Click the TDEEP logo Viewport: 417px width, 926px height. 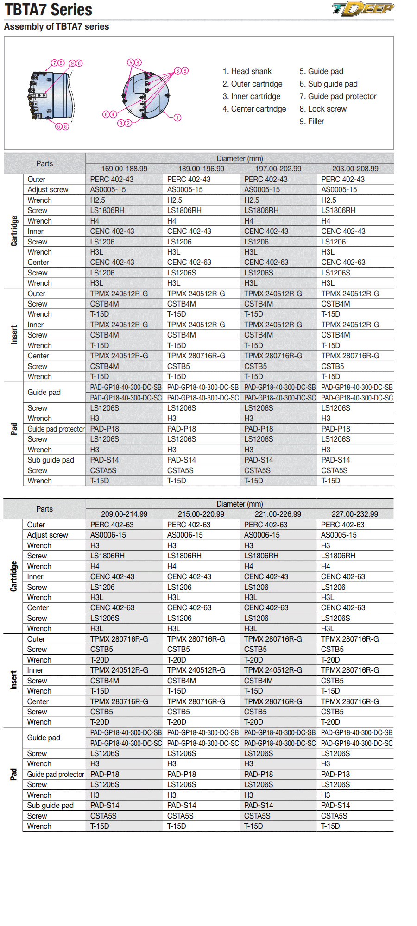363,9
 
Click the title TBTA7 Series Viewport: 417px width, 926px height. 49,9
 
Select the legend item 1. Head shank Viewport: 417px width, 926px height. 247,71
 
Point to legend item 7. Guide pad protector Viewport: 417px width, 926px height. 338,96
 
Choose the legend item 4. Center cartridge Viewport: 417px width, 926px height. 254,109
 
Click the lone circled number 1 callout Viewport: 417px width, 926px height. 177,118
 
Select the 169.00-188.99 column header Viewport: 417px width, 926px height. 124,169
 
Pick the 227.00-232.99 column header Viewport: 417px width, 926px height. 355,514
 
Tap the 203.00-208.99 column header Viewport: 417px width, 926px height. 355,169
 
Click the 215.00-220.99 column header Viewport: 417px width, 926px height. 201,514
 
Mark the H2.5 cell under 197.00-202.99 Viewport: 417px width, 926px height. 252,200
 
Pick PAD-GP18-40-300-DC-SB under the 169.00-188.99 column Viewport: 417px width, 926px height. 126,388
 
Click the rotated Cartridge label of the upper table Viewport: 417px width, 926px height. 14,231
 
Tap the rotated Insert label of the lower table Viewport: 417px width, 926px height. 14,680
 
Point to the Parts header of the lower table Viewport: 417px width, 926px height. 44,509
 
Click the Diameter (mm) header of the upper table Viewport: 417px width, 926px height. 240,159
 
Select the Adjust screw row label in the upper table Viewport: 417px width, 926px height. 48,190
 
